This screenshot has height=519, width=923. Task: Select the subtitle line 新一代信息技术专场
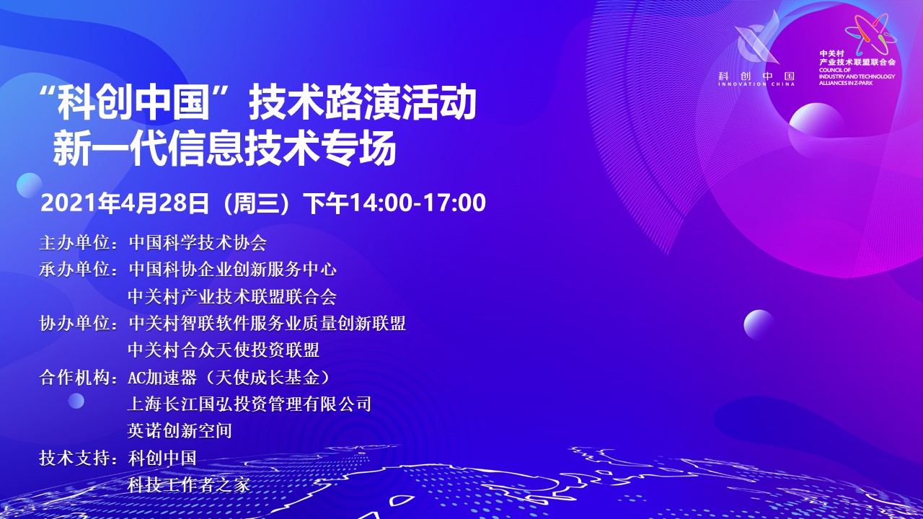(x=224, y=148)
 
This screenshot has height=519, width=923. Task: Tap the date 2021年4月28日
(x=125, y=203)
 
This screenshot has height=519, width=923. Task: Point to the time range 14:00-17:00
(x=418, y=203)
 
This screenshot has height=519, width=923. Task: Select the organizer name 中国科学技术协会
(x=198, y=243)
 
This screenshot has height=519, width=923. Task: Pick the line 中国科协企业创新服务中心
(x=232, y=270)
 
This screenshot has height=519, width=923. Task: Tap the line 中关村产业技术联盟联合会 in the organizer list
(x=232, y=296)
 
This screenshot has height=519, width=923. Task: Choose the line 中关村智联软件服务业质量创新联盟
(x=267, y=324)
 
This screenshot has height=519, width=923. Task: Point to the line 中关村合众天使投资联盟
(x=224, y=350)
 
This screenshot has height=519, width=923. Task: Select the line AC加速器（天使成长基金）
(x=229, y=377)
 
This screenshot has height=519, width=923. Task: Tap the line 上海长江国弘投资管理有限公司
(x=249, y=404)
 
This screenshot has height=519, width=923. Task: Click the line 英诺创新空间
(x=180, y=431)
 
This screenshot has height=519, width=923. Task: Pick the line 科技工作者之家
(x=189, y=485)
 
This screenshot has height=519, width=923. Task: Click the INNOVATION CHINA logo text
(x=756, y=84)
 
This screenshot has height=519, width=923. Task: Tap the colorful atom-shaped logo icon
(x=870, y=33)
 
